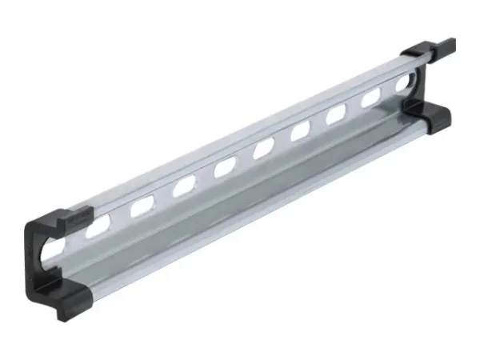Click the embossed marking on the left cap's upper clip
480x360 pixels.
click(76, 216)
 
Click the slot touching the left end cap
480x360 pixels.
click(99, 226)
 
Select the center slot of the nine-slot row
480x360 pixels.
click(263, 148)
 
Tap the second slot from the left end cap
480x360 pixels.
click(143, 206)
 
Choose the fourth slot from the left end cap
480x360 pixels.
click(225, 166)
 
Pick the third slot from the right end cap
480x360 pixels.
click(336, 114)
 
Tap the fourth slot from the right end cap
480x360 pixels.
click(301, 130)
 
